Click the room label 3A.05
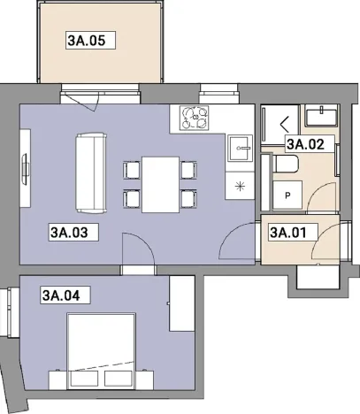pos(91,40)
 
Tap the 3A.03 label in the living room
pos(73,233)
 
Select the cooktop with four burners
pos(193,117)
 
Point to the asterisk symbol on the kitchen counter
pos(238,185)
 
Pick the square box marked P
pos(287,196)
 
